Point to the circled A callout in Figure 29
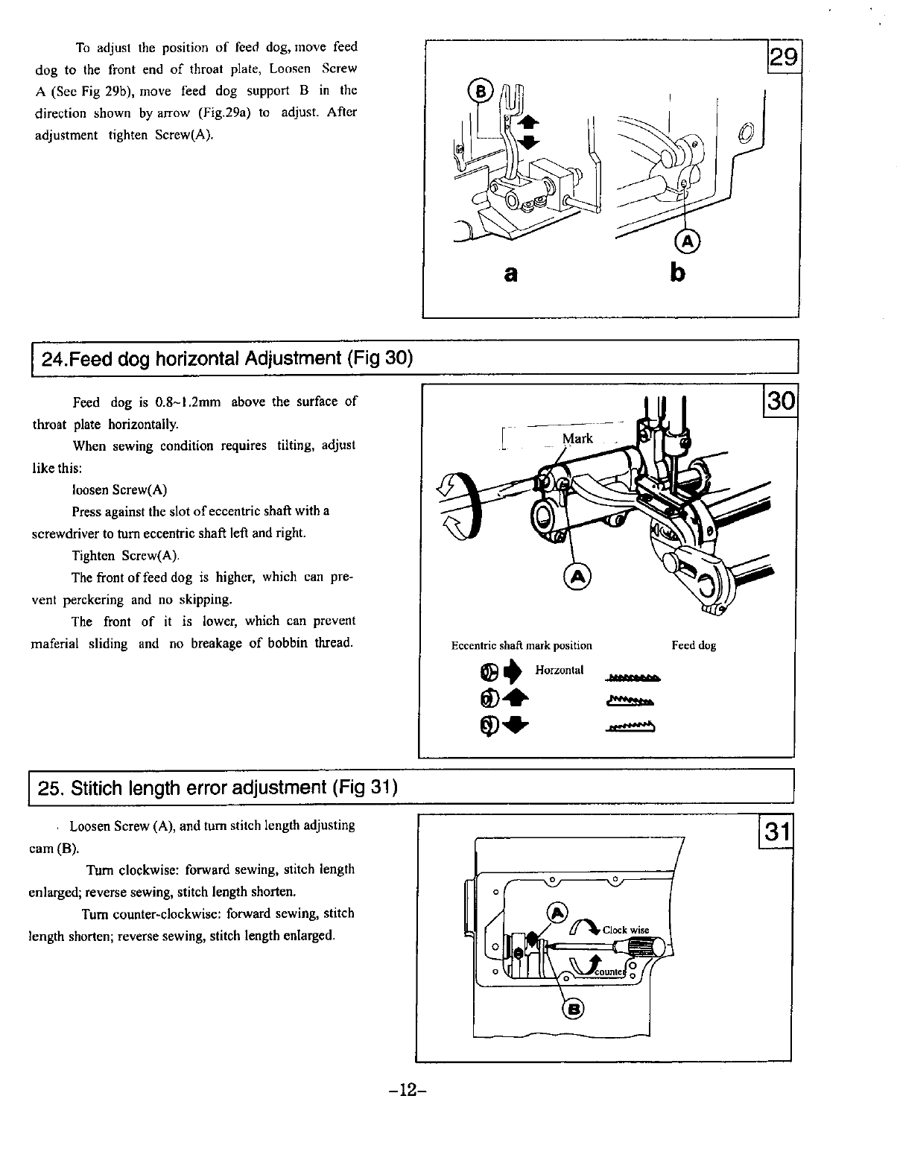tap(687, 240)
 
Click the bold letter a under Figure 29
tap(510, 274)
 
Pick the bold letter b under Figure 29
tap(676, 273)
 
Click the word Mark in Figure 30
tap(577, 439)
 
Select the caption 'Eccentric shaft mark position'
tap(522, 645)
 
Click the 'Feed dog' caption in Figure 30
tap(694, 645)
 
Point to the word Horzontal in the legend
tap(559, 670)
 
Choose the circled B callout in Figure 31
tap(574, 1009)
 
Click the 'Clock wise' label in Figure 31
tap(626, 930)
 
